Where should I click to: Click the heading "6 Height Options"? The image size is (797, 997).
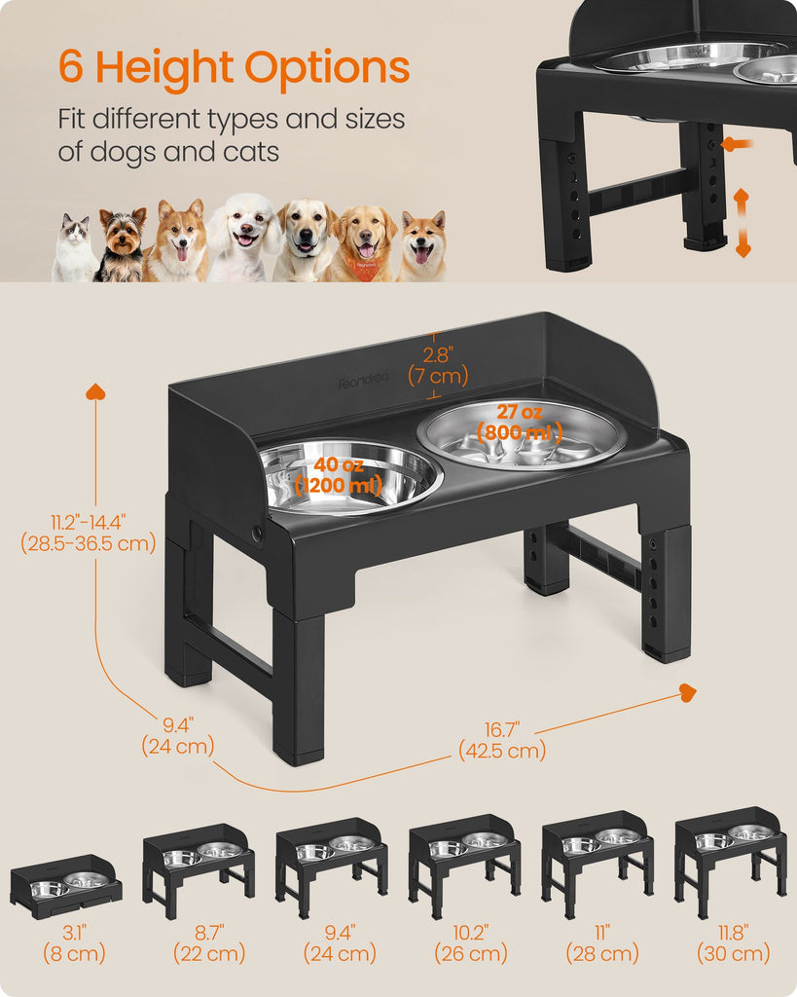tap(234, 68)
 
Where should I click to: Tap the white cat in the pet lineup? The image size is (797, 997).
tap(74, 247)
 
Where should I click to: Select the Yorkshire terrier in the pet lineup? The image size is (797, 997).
tap(121, 244)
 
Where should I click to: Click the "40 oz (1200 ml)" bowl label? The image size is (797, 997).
tap(339, 475)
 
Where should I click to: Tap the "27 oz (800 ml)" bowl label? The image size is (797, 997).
tap(520, 423)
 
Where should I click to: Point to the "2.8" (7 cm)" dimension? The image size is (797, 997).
tap(438, 366)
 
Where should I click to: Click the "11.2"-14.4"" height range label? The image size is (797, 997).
tap(89, 522)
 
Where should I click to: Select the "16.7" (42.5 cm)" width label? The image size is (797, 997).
tap(502, 740)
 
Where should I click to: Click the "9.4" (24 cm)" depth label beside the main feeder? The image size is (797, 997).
tap(178, 735)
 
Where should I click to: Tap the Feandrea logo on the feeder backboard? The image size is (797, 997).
tap(363, 382)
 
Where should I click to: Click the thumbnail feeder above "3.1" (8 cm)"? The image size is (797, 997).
tap(65, 886)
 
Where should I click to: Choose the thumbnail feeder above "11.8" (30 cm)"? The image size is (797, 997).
tap(731, 863)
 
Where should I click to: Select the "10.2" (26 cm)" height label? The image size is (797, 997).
tap(471, 942)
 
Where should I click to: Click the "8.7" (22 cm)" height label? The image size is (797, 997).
tap(209, 942)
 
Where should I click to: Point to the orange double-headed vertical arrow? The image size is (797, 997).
tap(743, 223)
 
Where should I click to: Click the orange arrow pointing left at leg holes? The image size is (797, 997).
tap(738, 144)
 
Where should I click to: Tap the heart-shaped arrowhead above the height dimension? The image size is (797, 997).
tap(96, 391)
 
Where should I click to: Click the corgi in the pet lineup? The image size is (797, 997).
tap(178, 240)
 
